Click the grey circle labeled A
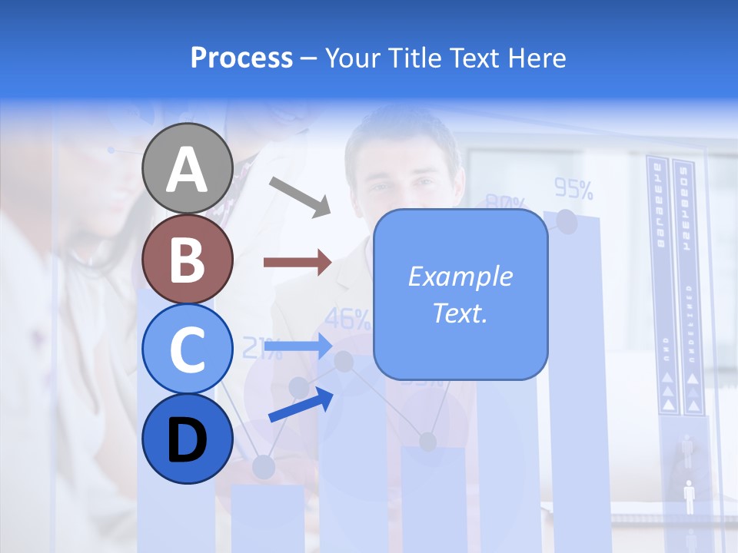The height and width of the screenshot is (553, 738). [x=188, y=168]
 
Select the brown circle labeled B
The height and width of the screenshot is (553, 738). [x=188, y=259]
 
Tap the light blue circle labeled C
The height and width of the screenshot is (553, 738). [x=188, y=349]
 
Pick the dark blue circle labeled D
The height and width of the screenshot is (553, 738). [x=188, y=439]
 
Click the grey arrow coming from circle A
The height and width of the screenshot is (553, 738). [x=300, y=196]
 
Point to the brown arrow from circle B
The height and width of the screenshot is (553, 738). [x=298, y=263]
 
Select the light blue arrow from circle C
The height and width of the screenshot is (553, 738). [x=298, y=347]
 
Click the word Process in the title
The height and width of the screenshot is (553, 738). [x=241, y=58]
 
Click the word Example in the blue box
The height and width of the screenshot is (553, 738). [x=460, y=276]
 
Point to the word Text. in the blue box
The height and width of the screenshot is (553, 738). [x=460, y=313]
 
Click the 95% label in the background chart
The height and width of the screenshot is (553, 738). [x=573, y=188]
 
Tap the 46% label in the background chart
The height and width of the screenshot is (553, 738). [x=348, y=318]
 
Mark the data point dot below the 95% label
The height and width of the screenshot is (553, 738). [x=567, y=221]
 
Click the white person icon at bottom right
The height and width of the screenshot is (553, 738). [x=689, y=496]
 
